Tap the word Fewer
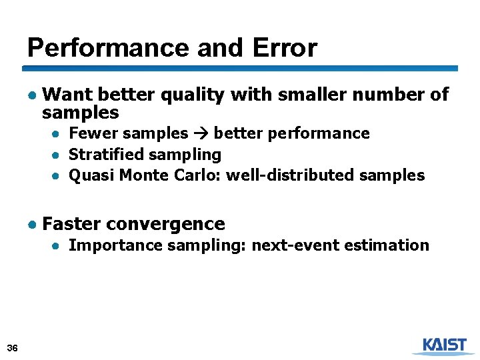pos(91,133)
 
